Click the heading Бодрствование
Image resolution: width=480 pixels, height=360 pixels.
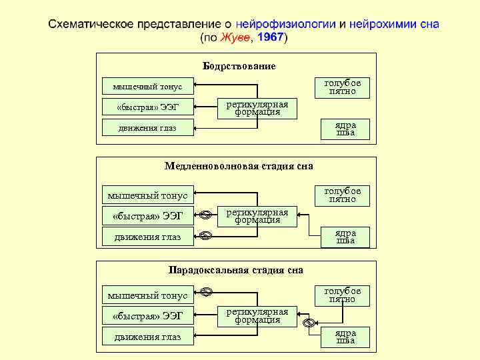[239, 66]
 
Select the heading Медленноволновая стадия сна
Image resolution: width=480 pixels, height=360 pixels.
[239, 166]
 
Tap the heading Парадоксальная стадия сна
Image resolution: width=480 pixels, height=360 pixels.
[235, 270]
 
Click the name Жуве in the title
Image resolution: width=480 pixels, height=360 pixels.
[237, 38]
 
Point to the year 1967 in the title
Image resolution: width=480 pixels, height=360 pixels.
[270, 38]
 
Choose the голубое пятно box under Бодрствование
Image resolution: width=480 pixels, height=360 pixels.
[342, 87]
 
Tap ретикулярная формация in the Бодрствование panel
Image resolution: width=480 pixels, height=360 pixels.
[257, 108]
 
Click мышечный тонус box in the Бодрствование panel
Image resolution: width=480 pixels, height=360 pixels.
[147, 86]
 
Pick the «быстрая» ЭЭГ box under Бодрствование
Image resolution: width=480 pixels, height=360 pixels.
[147, 107]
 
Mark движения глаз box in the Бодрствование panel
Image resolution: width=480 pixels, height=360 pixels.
[147, 128]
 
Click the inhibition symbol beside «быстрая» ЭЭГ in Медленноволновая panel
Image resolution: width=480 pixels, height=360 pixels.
[206, 215]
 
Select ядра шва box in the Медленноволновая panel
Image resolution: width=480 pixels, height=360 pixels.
[345, 237]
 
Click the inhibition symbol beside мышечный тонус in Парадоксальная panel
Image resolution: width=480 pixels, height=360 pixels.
[206, 291]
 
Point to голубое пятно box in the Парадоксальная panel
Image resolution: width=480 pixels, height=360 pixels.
[342, 295]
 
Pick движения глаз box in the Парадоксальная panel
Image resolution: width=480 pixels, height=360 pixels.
[147, 337]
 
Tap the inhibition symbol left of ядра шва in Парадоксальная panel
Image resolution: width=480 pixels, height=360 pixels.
[308, 324]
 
